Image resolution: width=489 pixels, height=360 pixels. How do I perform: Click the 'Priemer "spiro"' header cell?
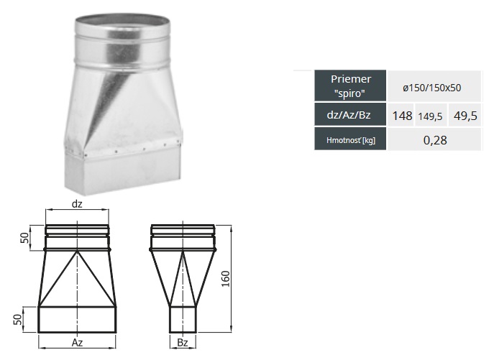click(350, 86)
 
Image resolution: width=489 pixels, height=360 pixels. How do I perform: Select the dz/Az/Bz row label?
click(350, 115)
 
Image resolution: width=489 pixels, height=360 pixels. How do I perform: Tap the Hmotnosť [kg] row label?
click(350, 139)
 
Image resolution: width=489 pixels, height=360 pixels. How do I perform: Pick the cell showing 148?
click(402, 116)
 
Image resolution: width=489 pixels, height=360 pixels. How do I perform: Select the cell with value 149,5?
click(430, 116)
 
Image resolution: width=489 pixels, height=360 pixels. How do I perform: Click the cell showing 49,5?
click(465, 116)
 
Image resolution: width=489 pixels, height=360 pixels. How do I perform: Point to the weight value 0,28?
click(435, 140)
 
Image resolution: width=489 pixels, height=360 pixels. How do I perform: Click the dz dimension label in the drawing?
click(77, 204)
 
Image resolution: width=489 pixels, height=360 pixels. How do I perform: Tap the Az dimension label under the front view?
click(77, 343)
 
